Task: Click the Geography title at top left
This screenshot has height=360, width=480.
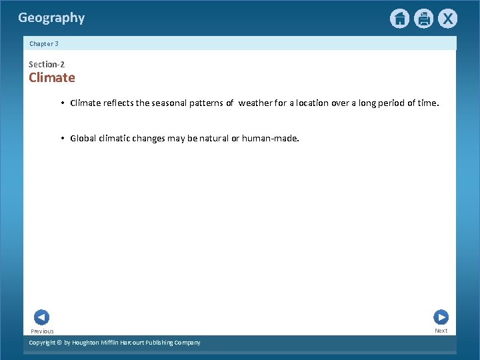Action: [51, 18]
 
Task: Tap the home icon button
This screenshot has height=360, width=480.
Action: [399, 19]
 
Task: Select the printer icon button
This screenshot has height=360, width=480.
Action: [423, 19]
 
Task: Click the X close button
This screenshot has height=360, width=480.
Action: [447, 19]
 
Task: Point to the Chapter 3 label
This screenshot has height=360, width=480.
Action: [44, 44]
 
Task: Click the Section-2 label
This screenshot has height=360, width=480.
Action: [47, 65]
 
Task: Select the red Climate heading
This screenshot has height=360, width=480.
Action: [52, 78]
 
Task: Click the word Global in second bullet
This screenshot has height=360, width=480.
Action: [83, 139]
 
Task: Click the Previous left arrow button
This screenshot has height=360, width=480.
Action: [41, 318]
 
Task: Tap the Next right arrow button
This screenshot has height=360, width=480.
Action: [441, 317]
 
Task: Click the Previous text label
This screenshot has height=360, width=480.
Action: [42, 331]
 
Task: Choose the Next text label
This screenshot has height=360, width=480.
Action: [441, 331]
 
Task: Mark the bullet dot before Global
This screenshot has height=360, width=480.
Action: [62, 139]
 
